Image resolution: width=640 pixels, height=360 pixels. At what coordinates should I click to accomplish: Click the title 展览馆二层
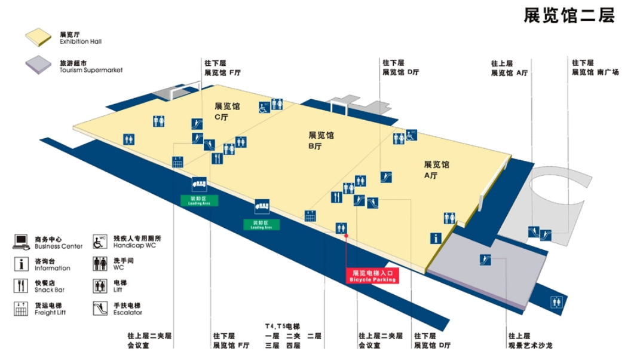(569, 16)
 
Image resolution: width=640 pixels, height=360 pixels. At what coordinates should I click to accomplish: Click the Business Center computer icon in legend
(22, 242)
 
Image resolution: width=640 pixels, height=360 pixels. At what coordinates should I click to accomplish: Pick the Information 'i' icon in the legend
(22, 264)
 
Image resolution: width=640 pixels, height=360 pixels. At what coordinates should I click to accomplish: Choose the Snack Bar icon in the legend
(22, 286)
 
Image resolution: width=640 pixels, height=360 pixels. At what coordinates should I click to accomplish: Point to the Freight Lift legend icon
(22, 309)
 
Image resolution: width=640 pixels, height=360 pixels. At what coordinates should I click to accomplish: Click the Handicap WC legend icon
(100, 242)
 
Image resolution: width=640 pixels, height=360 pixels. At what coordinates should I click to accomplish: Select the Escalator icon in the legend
(100, 309)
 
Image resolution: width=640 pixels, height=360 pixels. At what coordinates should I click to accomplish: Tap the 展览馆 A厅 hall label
(436, 170)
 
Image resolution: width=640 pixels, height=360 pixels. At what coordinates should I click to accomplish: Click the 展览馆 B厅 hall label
(321, 141)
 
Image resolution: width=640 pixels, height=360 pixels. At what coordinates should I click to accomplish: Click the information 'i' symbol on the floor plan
(436, 238)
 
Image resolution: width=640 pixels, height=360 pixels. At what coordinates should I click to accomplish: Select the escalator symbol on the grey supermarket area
(485, 260)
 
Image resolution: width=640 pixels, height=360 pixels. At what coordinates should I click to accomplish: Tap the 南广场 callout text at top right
(595, 68)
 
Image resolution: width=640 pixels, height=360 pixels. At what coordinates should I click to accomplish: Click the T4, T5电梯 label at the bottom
(283, 327)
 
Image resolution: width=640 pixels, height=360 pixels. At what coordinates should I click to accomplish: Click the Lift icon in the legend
(100, 286)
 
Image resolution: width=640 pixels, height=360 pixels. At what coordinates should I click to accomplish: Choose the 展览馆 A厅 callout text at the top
(509, 68)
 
